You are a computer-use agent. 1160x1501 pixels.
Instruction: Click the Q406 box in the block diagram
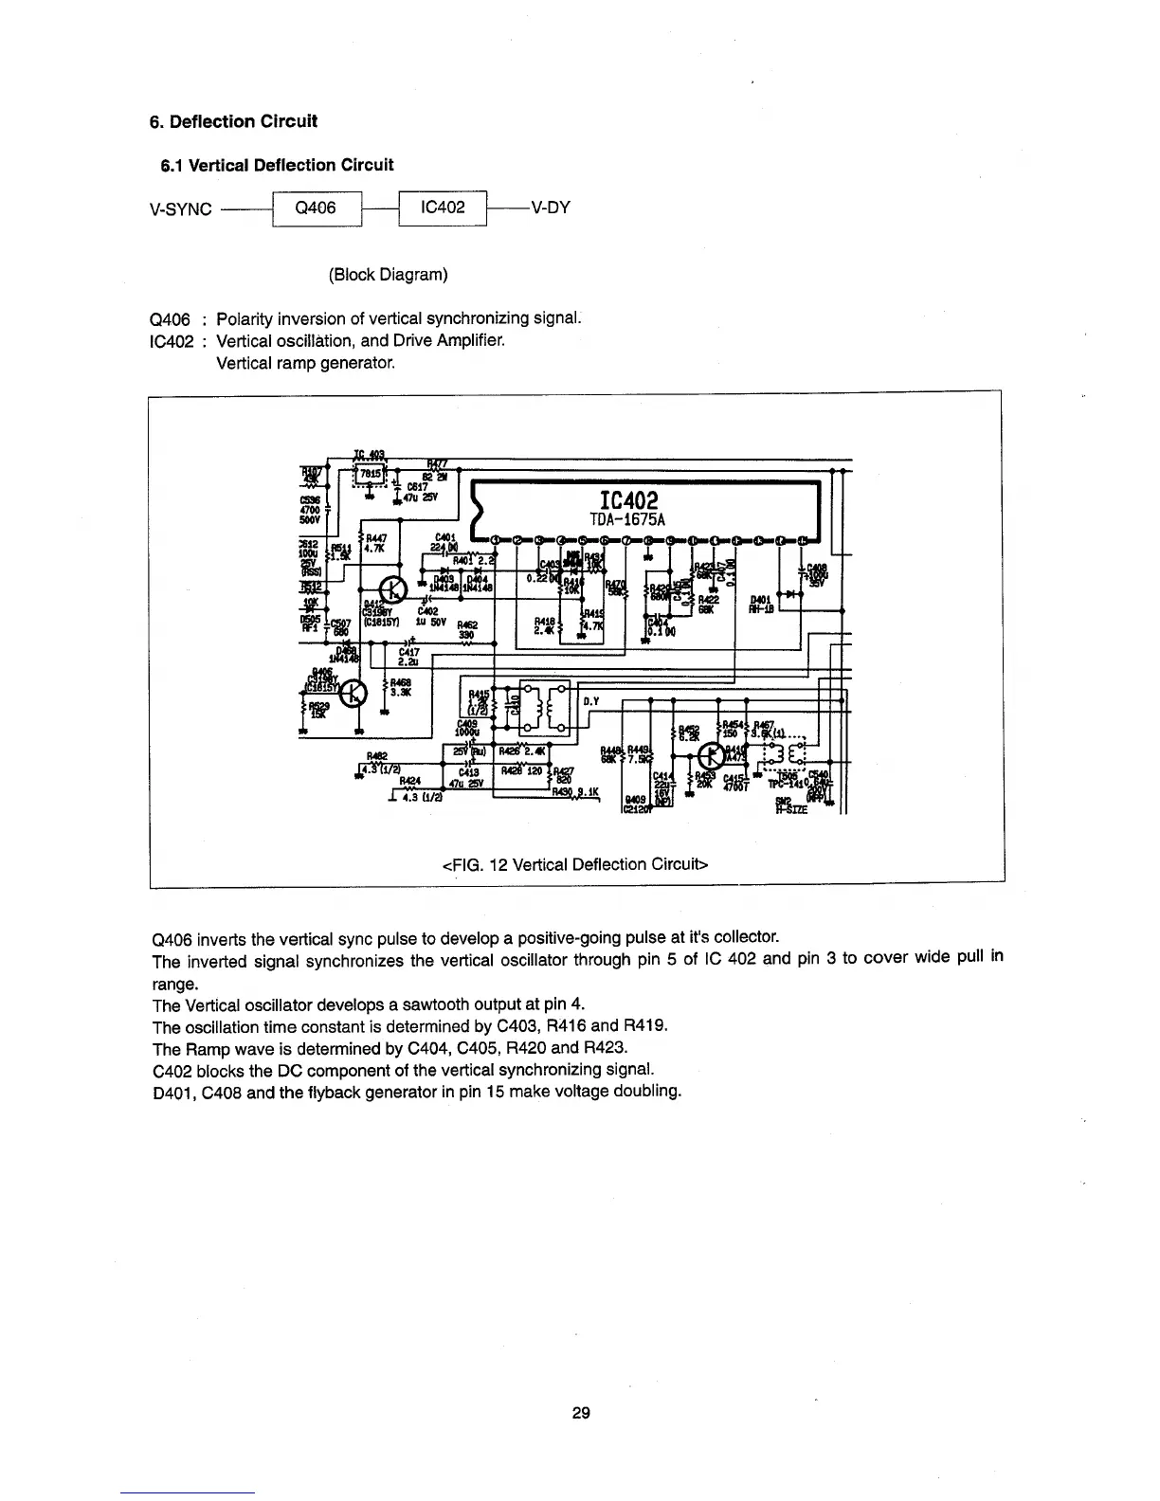(317, 208)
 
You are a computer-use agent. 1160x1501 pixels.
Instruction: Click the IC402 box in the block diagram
(443, 208)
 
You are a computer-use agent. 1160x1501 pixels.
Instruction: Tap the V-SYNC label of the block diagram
(181, 209)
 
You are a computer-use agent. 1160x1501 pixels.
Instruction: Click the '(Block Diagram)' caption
(388, 275)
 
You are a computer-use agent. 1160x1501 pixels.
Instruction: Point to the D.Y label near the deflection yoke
(589, 702)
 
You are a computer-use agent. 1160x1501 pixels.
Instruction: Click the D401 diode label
(760, 600)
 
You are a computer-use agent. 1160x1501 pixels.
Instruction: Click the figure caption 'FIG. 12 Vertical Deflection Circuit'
(575, 864)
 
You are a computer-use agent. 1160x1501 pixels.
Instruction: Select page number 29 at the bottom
(581, 1413)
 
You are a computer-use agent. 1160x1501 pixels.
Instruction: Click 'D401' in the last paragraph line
(172, 1090)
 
